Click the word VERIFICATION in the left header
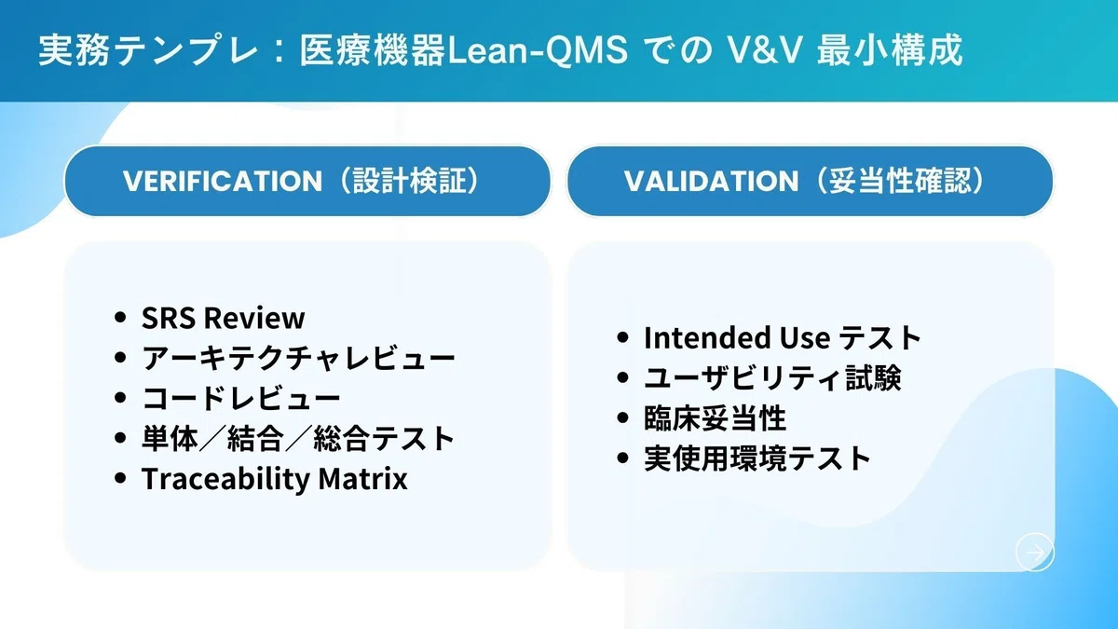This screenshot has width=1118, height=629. click(223, 181)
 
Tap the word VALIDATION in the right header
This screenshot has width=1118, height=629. click(711, 181)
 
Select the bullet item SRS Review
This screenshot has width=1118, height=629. click(223, 318)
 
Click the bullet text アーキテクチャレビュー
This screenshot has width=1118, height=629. click(298, 358)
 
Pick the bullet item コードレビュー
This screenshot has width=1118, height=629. click(241, 398)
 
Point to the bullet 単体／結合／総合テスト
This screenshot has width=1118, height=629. click(298, 438)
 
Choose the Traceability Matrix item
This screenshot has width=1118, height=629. click(275, 478)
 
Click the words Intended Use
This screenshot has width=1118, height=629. click(737, 337)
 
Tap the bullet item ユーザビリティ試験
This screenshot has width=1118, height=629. click(772, 378)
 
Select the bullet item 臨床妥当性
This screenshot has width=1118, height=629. click(716, 418)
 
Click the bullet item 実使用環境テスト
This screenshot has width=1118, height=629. click(757, 458)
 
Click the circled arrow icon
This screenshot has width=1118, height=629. click(1035, 552)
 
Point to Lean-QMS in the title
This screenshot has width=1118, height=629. click(538, 50)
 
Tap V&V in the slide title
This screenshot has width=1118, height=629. click(764, 50)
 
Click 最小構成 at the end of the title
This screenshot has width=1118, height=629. click(890, 50)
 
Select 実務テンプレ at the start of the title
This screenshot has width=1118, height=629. click(148, 50)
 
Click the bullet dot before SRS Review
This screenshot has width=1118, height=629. click(120, 318)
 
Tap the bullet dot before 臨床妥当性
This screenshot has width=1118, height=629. click(622, 418)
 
